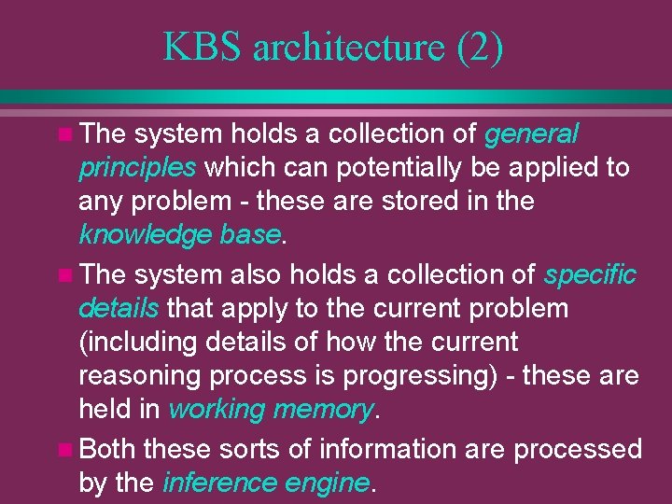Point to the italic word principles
pyautogui.click(x=137, y=169)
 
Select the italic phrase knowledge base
pyautogui.click(x=179, y=234)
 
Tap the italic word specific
pyautogui.click(x=590, y=275)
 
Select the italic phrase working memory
pyautogui.click(x=271, y=410)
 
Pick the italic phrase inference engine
pyautogui.click(x=267, y=483)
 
